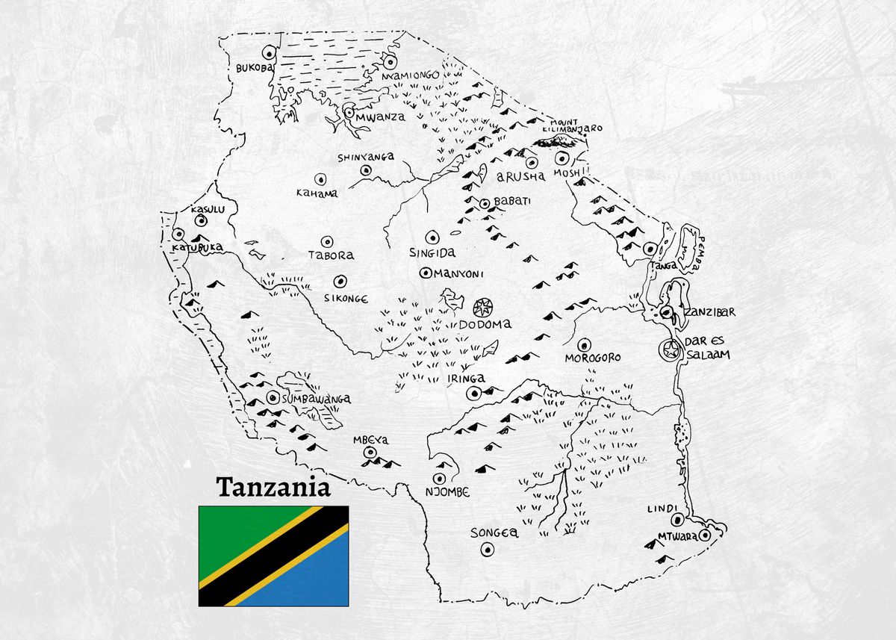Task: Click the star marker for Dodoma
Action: pyautogui.click(x=483, y=306)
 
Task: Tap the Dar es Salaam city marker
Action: pyautogui.click(x=670, y=349)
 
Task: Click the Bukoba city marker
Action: pyautogui.click(x=268, y=53)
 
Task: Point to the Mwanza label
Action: pyautogui.click(x=380, y=116)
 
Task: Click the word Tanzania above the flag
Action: pyautogui.click(x=273, y=488)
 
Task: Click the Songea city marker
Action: pyautogui.click(x=488, y=550)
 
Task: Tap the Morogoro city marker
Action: pyautogui.click(x=585, y=345)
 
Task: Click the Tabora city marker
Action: pyautogui.click(x=326, y=241)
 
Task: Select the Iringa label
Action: pyautogui.click(x=466, y=378)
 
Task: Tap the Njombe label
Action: pyautogui.click(x=447, y=491)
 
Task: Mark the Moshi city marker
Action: pyautogui.click(x=561, y=158)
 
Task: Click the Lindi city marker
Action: pyautogui.click(x=676, y=520)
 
